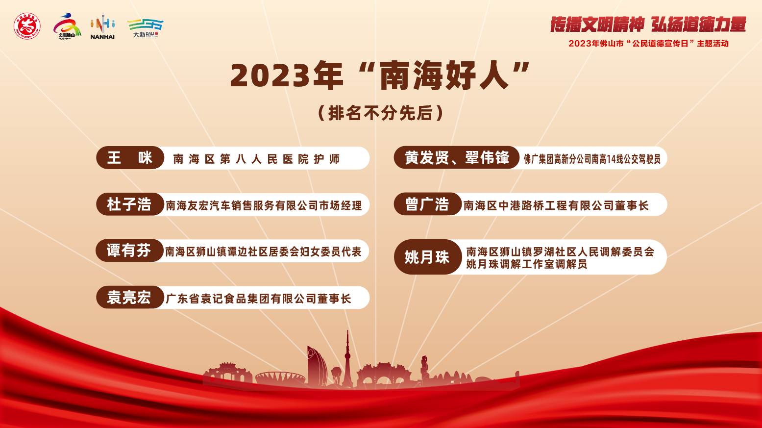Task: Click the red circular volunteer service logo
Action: point(27,26)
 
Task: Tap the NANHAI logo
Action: point(102,27)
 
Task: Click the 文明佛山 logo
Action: point(67,26)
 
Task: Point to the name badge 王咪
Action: point(130,158)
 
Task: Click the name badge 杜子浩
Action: point(130,204)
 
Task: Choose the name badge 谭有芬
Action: point(129,251)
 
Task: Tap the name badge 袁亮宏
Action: point(130,298)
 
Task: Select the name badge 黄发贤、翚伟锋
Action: point(457,157)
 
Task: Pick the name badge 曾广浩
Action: point(428,204)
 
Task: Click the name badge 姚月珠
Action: point(428,257)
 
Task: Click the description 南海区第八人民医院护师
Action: point(256,159)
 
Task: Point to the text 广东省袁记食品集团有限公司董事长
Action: point(258,299)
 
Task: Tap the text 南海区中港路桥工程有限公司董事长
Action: point(556,205)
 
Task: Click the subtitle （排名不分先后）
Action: point(380,113)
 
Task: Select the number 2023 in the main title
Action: point(270,76)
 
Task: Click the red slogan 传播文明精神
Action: point(597,24)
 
